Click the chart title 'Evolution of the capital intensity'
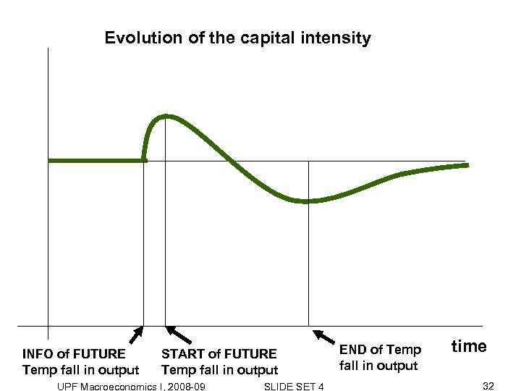click(x=237, y=38)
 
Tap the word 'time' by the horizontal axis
click(x=469, y=346)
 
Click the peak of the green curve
click(x=166, y=116)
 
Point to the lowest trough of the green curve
click(x=307, y=201)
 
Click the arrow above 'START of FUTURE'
click(x=179, y=334)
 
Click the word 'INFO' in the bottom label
click(x=38, y=354)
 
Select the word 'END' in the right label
click(x=353, y=350)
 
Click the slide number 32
click(x=488, y=386)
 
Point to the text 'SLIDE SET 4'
click(x=295, y=387)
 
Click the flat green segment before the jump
click(x=94, y=160)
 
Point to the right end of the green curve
click(x=466, y=165)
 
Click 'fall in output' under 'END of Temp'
click(x=378, y=366)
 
